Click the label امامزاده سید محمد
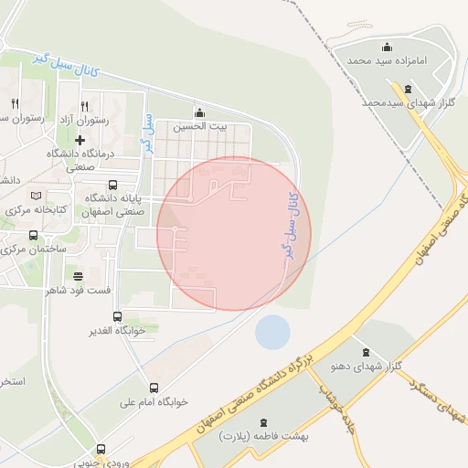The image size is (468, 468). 387,59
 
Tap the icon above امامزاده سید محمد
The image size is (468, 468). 387,47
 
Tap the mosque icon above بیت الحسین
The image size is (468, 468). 199,112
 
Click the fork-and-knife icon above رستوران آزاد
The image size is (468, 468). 85,105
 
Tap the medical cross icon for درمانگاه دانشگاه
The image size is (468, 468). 80,140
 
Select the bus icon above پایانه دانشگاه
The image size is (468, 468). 112,185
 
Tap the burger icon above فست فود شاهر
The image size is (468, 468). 78,275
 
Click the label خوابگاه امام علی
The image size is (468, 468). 154,401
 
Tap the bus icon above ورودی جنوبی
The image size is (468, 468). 100,449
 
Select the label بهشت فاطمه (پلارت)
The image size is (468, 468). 269,436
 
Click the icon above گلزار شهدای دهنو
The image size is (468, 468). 366,352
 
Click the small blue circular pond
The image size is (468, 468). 272,332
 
